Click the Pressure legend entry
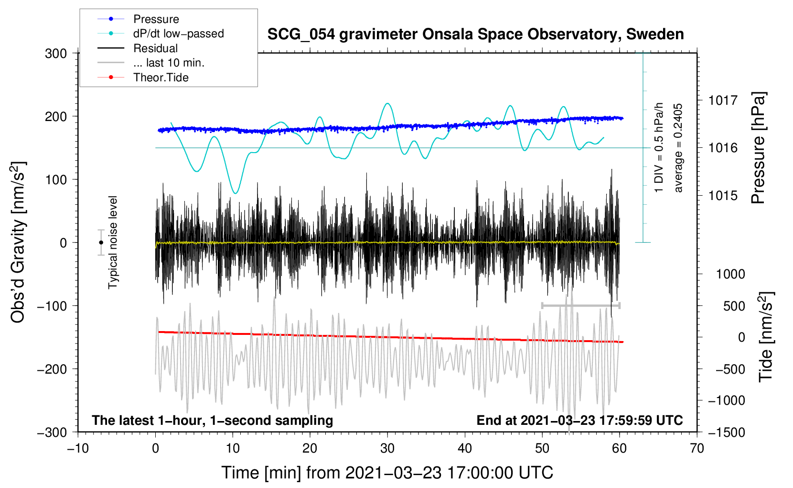[139, 19]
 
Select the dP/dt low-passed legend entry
[161, 33]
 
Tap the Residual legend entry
[138, 48]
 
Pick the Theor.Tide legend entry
[143, 78]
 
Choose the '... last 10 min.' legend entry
[151, 63]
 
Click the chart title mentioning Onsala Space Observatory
[475, 34]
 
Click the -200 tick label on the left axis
[52, 369]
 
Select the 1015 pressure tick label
[723, 195]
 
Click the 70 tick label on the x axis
[697, 449]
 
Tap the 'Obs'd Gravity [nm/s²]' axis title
[18, 242]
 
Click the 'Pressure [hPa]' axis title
[758, 148]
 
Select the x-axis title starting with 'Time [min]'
[387, 473]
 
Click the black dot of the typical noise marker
[101, 243]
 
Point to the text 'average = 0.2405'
[678, 148]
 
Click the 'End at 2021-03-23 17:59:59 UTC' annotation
[579, 420]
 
